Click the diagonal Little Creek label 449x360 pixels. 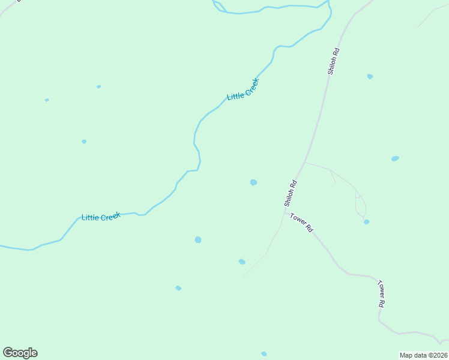243,89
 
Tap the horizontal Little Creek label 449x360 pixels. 101,217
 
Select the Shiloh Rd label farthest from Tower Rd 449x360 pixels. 334,61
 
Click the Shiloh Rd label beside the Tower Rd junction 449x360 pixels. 291,193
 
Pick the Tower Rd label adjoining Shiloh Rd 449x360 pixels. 301,222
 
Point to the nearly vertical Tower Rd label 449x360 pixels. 381,293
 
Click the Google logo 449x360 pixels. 20,353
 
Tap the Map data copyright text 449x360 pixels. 423,355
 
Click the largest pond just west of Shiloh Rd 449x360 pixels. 253,182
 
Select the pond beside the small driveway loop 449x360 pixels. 366,222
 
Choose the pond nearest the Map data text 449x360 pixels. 264,354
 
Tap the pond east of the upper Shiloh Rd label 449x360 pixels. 370,76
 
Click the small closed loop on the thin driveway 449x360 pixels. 360,204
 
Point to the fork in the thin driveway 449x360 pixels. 330,170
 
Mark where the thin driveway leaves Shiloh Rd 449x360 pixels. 305,162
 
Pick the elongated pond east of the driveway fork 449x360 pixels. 395,158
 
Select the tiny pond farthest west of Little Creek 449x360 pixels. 47,100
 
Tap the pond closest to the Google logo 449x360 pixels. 178,288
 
